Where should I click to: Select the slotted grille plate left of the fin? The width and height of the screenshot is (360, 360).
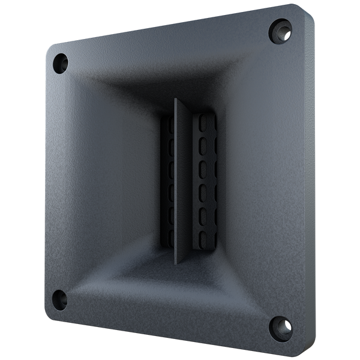(x=169, y=180)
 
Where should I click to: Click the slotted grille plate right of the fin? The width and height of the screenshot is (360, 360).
(x=202, y=180)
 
